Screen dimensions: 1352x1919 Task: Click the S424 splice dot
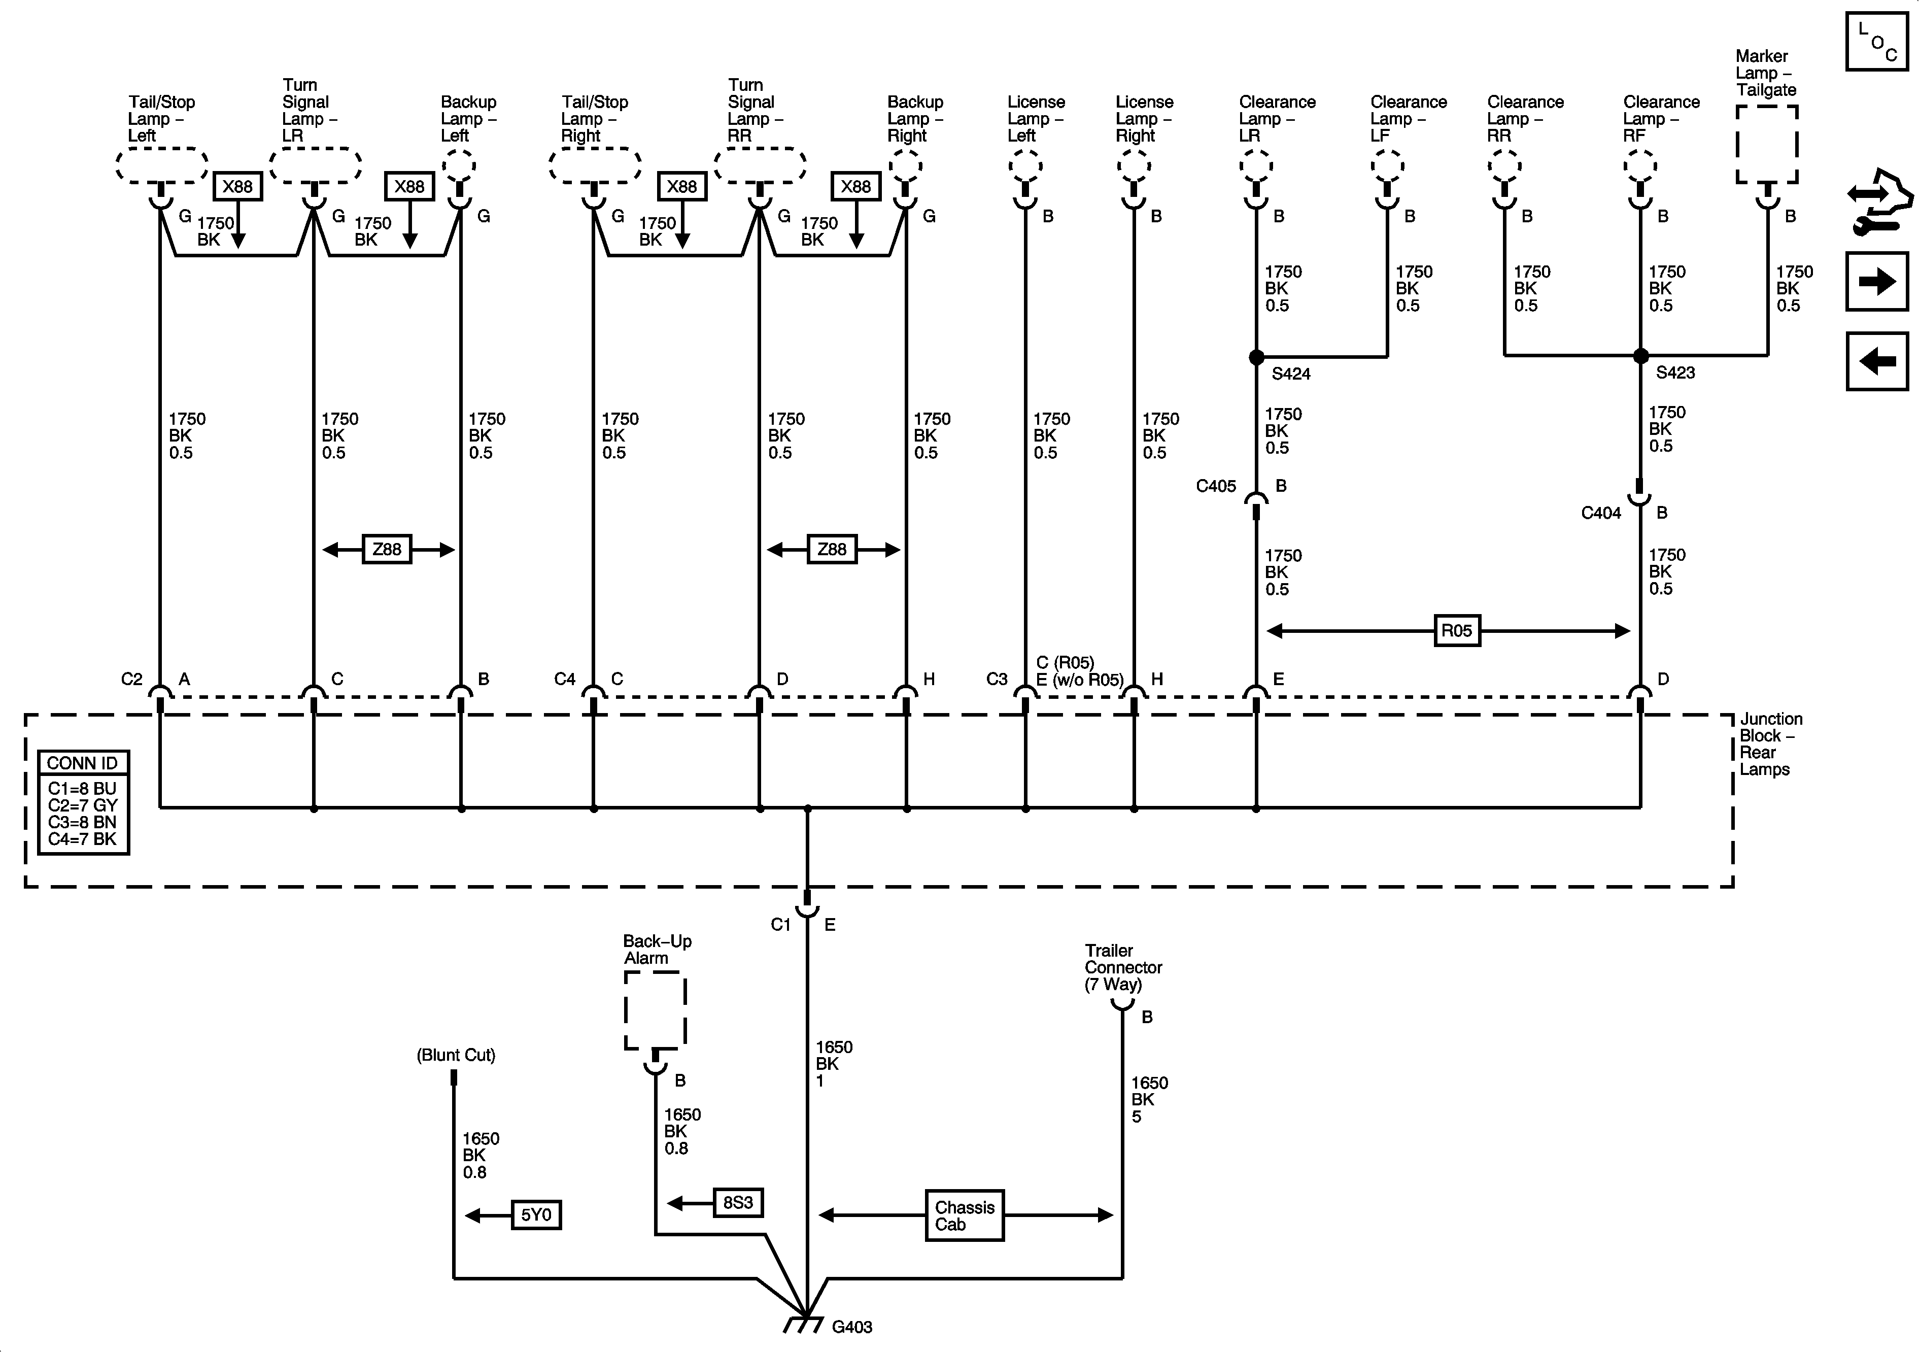pyautogui.click(x=1256, y=357)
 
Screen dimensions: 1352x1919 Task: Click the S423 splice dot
pyautogui.click(x=1640, y=355)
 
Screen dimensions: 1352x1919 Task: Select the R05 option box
pyautogui.click(x=1456, y=630)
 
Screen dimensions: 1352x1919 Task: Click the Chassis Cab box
pyautogui.click(x=965, y=1215)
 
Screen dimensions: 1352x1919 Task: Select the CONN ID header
pyautogui.click(x=83, y=763)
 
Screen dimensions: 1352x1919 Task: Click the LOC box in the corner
pyautogui.click(x=1876, y=42)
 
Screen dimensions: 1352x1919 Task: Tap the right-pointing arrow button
pyautogui.click(x=1876, y=282)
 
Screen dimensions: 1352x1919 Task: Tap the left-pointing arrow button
pyautogui.click(x=1876, y=361)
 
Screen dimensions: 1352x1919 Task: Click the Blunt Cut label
pyautogui.click(x=456, y=1055)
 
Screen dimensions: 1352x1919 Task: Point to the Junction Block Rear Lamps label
pyautogui.click(x=1770, y=744)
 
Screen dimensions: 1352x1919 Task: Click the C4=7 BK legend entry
pyautogui.click(x=82, y=838)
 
